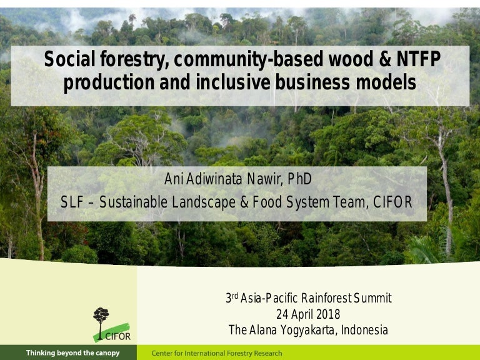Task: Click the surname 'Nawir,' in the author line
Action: point(257,180)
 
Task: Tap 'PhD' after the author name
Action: point(297,180)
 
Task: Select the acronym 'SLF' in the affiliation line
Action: point(72,202)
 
